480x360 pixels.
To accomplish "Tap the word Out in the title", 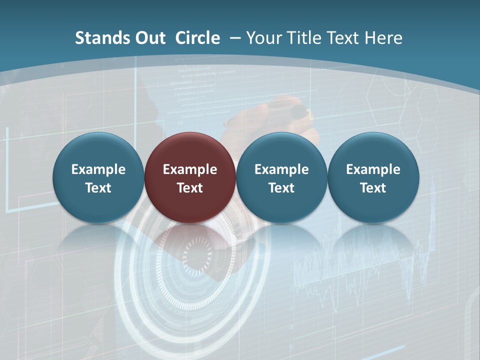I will click(x=148, y=38).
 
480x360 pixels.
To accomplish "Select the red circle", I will click(x=190, y=177).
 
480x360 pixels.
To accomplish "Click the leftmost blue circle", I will click(x=98, y=177).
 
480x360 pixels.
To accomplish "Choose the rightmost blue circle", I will click(x=373, y=177).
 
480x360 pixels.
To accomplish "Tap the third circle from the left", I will click(x=281, y=177).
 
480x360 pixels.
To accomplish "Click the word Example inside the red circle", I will click(x=190, y=169).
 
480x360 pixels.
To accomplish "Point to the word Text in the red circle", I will click(x=190, y=188).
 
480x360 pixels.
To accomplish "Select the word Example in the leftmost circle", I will click(x=98, y=169).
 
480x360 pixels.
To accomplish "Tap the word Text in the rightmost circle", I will click(x=373, y=188).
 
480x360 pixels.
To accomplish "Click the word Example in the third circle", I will click(x=281, y=169).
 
